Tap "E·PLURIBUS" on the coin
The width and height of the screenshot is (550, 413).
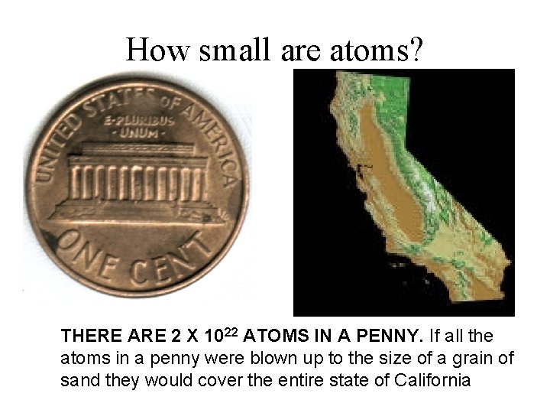(x=144, y=119)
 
